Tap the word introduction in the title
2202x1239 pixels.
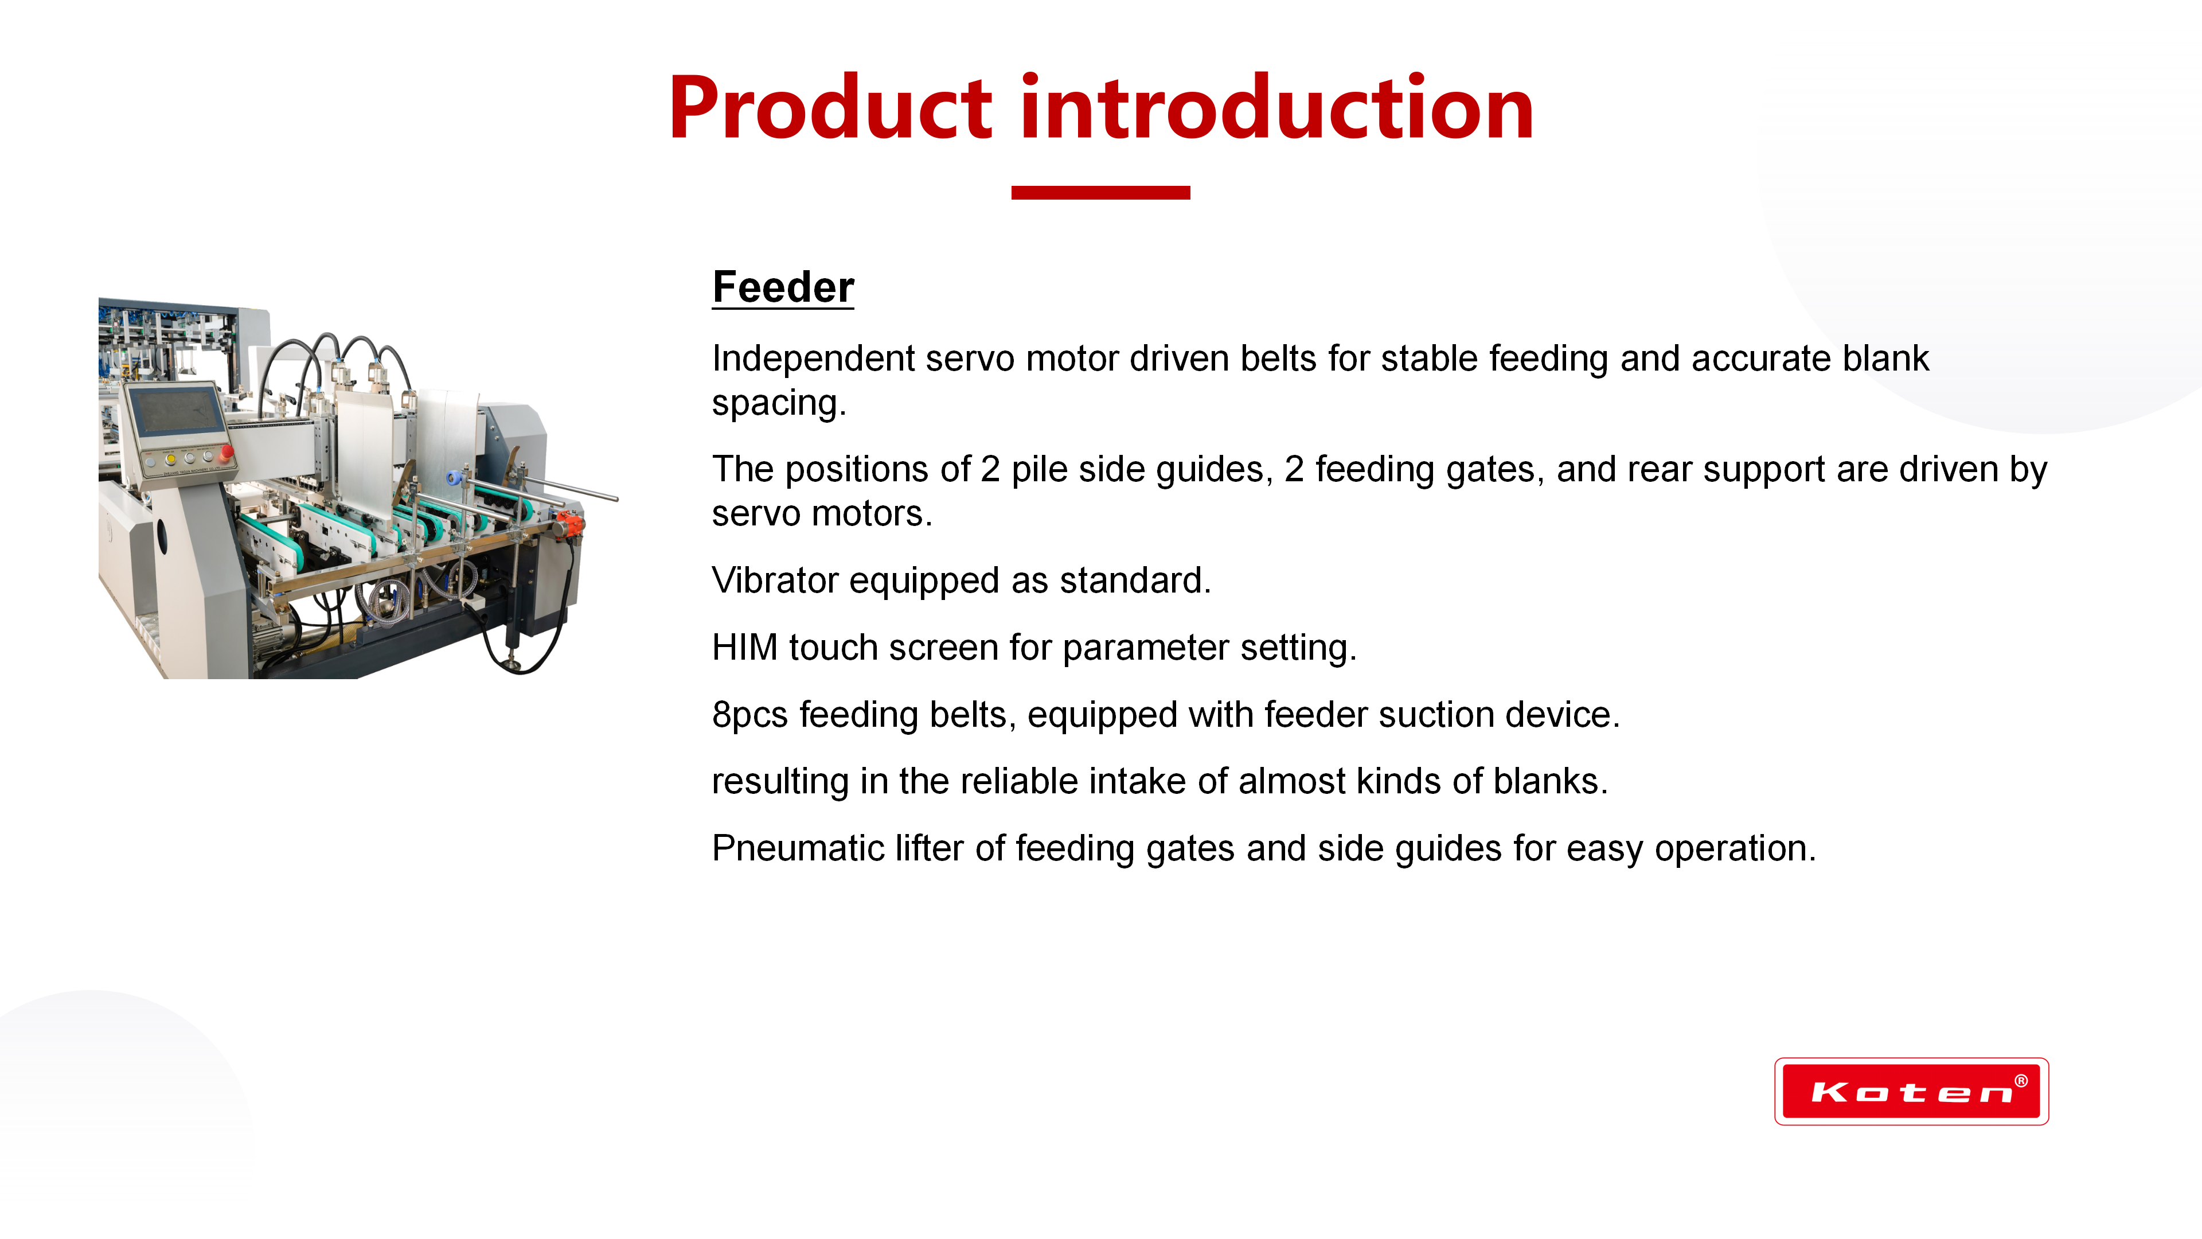point(1277,106)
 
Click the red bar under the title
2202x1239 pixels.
point(1100,192)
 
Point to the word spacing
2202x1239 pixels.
point(779,404)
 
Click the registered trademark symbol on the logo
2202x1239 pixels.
point(2021,1081)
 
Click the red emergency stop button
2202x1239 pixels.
point(227,451)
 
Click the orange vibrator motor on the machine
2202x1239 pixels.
point(568,523)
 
